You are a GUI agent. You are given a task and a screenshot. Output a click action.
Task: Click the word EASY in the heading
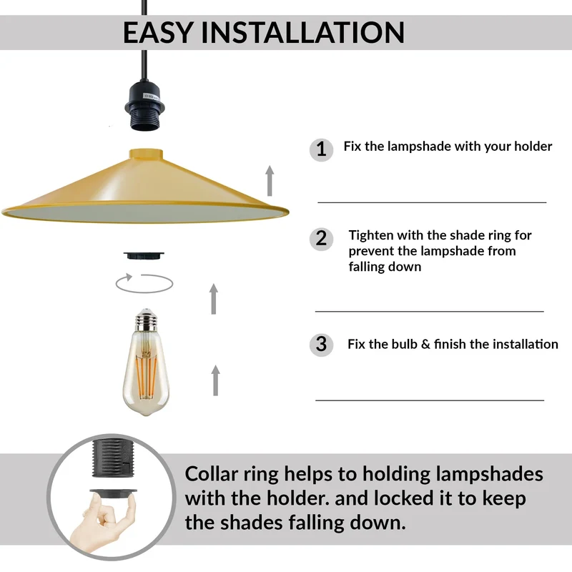coord(158,32)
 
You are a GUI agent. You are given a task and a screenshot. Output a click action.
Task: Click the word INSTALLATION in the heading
coord(302,32)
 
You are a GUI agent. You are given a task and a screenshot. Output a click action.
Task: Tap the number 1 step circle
coord(321,149)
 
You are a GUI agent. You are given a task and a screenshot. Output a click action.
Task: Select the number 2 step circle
coord(321,239)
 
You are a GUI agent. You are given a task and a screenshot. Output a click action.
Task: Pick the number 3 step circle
coord(321,345)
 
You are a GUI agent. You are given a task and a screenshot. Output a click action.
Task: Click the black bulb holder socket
coord(145,105)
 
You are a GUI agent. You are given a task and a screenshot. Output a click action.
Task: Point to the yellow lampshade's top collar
coord(146,153)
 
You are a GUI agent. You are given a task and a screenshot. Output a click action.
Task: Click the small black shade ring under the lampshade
coord(144,255)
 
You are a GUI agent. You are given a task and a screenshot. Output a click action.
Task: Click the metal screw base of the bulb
coord(146,320)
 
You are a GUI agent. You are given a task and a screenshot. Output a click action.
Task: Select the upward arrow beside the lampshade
coord(270,181)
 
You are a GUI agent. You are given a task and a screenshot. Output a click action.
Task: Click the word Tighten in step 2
coord(371,236)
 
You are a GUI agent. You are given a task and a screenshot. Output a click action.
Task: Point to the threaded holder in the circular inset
coord(113,458)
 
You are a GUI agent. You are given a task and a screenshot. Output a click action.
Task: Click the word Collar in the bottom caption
coord(211,474)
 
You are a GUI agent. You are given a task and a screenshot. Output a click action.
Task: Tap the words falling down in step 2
coord(385,267)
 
